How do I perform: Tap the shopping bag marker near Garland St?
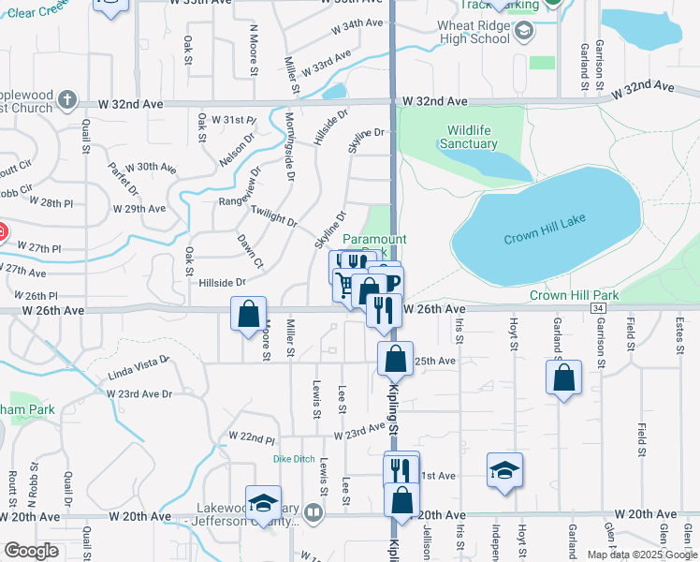tap(564, 378)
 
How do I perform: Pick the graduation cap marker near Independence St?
tap(504, 471)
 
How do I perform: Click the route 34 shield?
tap(597, 307)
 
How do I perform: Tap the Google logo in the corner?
tap(31, 551)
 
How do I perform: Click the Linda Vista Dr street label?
tap(139, 366)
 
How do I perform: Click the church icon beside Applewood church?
tap(66, 98)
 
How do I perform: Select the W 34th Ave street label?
tap(357, 23)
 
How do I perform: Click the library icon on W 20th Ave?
tap(313, 512)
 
